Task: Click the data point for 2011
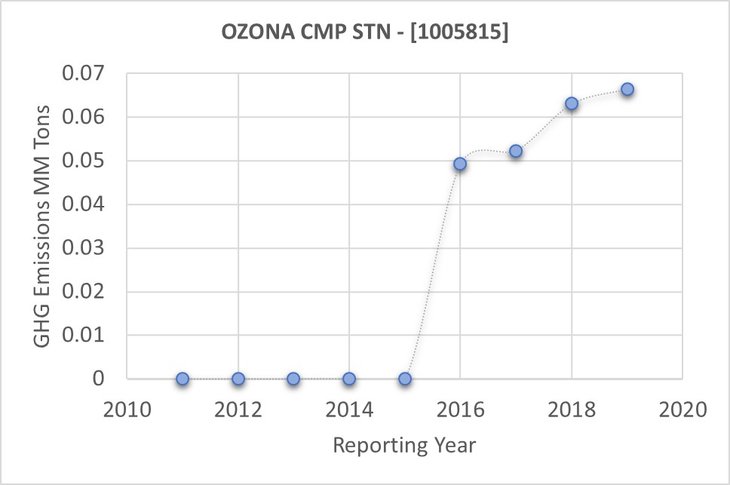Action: [182, 379]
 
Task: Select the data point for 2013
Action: [293, 379]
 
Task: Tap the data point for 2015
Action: [405, 379]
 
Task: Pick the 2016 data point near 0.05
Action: [460, 164]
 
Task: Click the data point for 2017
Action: [516, 151]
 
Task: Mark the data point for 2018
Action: [572, 103]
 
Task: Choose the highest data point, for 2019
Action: [627, 89]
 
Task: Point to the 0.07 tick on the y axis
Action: [89, 74]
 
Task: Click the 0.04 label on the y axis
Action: [89, 204]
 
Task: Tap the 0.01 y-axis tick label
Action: [89, 335]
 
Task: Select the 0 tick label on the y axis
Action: [99, 379]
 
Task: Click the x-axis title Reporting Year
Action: [404, 445]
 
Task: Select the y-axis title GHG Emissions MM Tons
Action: [44, 226]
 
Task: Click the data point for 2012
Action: [238, 379]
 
